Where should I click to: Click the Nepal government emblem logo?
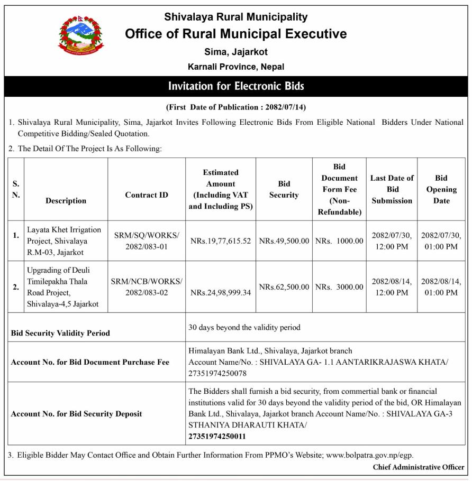(81, 35)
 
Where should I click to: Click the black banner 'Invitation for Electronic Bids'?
(236, 86)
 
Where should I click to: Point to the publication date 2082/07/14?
(283, 107)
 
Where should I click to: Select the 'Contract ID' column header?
(147, 195)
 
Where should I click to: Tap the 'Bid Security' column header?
(284, 189)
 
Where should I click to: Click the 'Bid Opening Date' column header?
(441, 189)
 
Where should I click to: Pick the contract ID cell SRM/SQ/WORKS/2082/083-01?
(147, 240)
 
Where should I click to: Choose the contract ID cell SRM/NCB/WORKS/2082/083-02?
(147, 287)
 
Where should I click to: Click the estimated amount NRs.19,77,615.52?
(221, 241)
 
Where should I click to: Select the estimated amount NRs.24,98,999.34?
(221, 292)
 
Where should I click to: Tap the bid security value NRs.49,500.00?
(284, 241)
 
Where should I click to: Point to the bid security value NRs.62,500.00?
(284, 287)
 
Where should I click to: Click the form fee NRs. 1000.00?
(339, 241)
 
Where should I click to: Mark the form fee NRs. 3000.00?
(339, 287)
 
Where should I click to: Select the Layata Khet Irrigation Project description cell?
(64, 240)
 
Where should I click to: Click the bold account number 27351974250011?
(217, 437)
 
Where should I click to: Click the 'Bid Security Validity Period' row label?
(61, 333)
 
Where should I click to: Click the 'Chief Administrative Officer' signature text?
(418, 467)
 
